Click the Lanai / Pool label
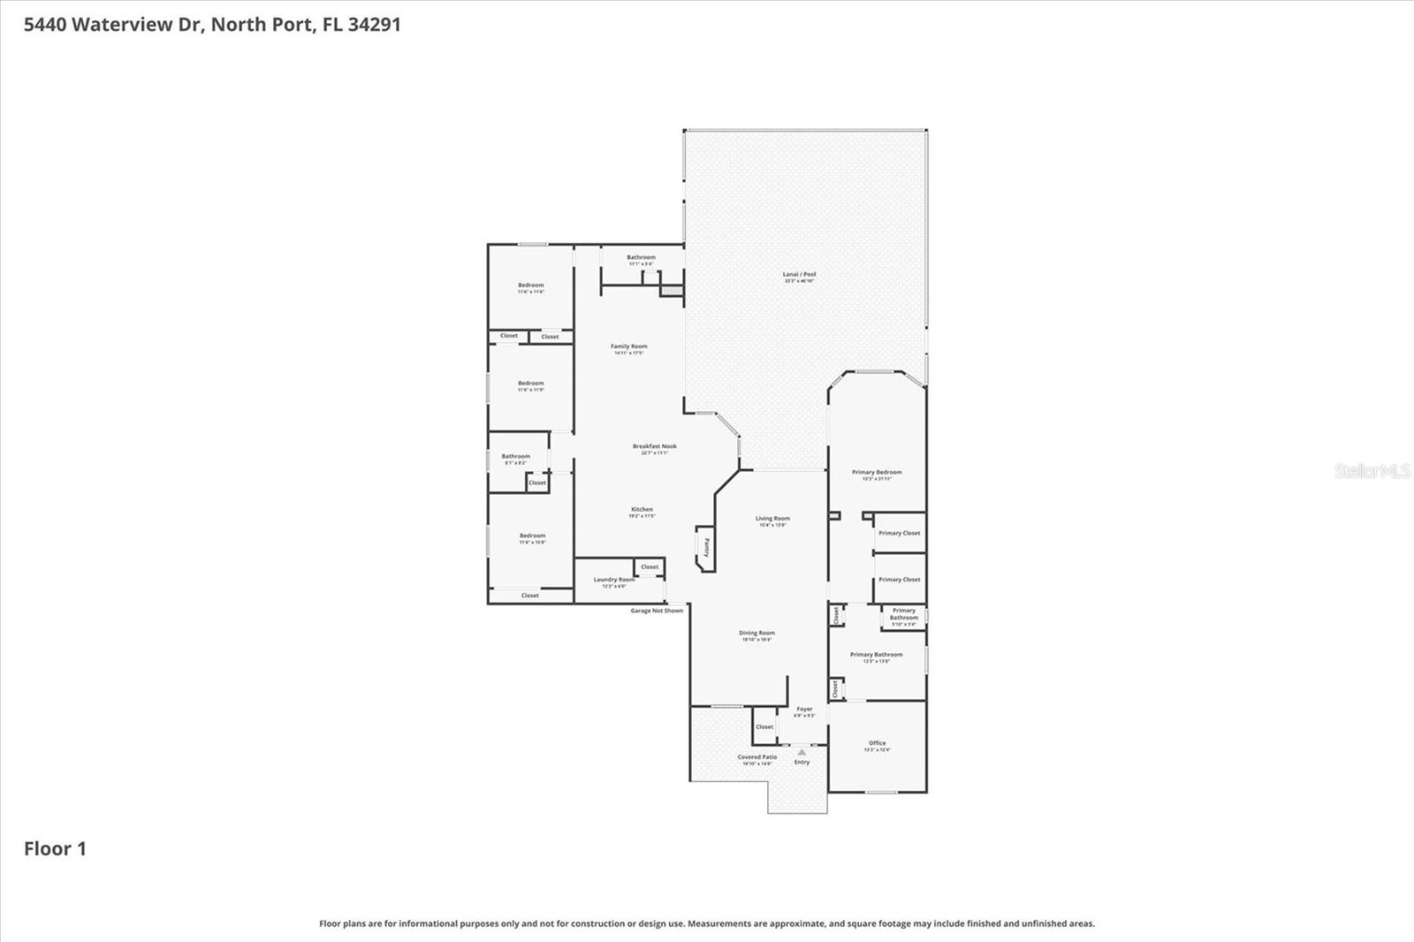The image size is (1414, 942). [799, 275]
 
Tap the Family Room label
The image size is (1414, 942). [628, 347]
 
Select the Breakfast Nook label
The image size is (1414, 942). [655, 447]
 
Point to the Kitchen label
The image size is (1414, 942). [642, 510]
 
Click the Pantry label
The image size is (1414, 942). [706, 548]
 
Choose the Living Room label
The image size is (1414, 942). [772, 520]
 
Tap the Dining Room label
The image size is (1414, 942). [756, 634]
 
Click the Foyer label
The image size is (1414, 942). [804, 710]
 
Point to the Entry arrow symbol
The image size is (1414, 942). [802, 753]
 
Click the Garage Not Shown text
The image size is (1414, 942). [657, 611]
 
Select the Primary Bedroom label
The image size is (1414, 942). [877, 473]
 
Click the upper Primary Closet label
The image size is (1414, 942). [899, 534]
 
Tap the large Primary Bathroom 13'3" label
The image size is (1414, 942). [876, 656]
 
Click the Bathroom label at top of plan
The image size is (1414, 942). [641, 258]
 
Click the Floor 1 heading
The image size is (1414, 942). [55, 849]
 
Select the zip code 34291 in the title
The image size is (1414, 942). [374, 25]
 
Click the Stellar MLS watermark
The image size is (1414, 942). [1372, 471]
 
